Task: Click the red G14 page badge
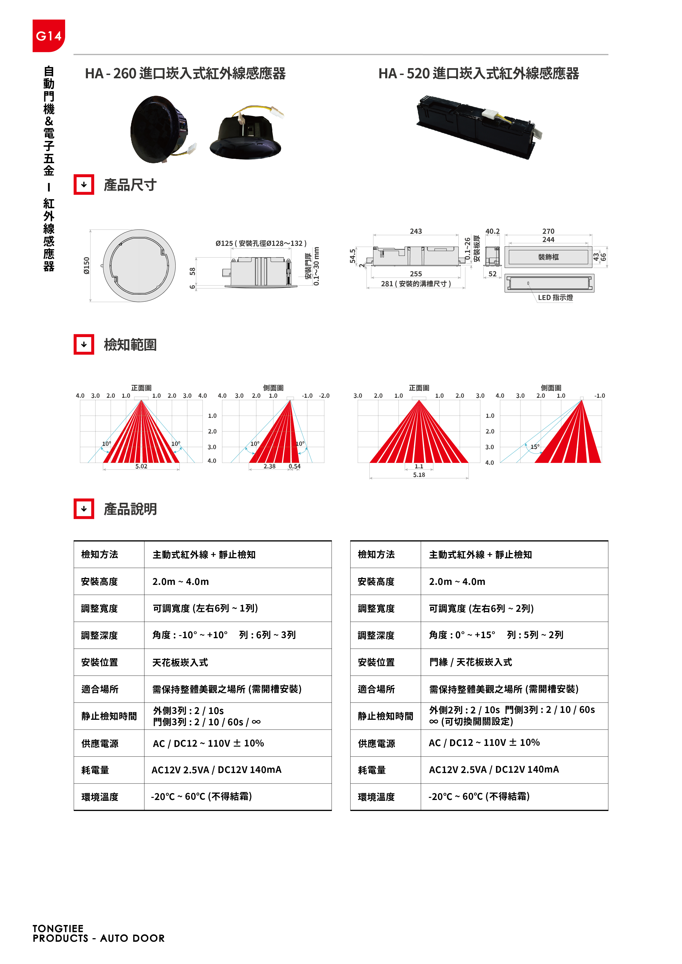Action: (49, 36)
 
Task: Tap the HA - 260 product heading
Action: (185, 73)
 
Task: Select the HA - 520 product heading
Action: (478, 73)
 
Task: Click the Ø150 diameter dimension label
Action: (87, 265)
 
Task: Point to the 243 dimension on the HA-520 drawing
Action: (416, 231)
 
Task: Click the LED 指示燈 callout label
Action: (555, 297)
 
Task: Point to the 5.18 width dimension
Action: (419, 475)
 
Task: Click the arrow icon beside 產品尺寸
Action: (84, 185)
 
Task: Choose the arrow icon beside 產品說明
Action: (84, 509)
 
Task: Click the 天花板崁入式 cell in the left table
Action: (180, 663)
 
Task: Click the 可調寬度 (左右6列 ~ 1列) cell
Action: (205, 609)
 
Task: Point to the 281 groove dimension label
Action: (416, 284)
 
